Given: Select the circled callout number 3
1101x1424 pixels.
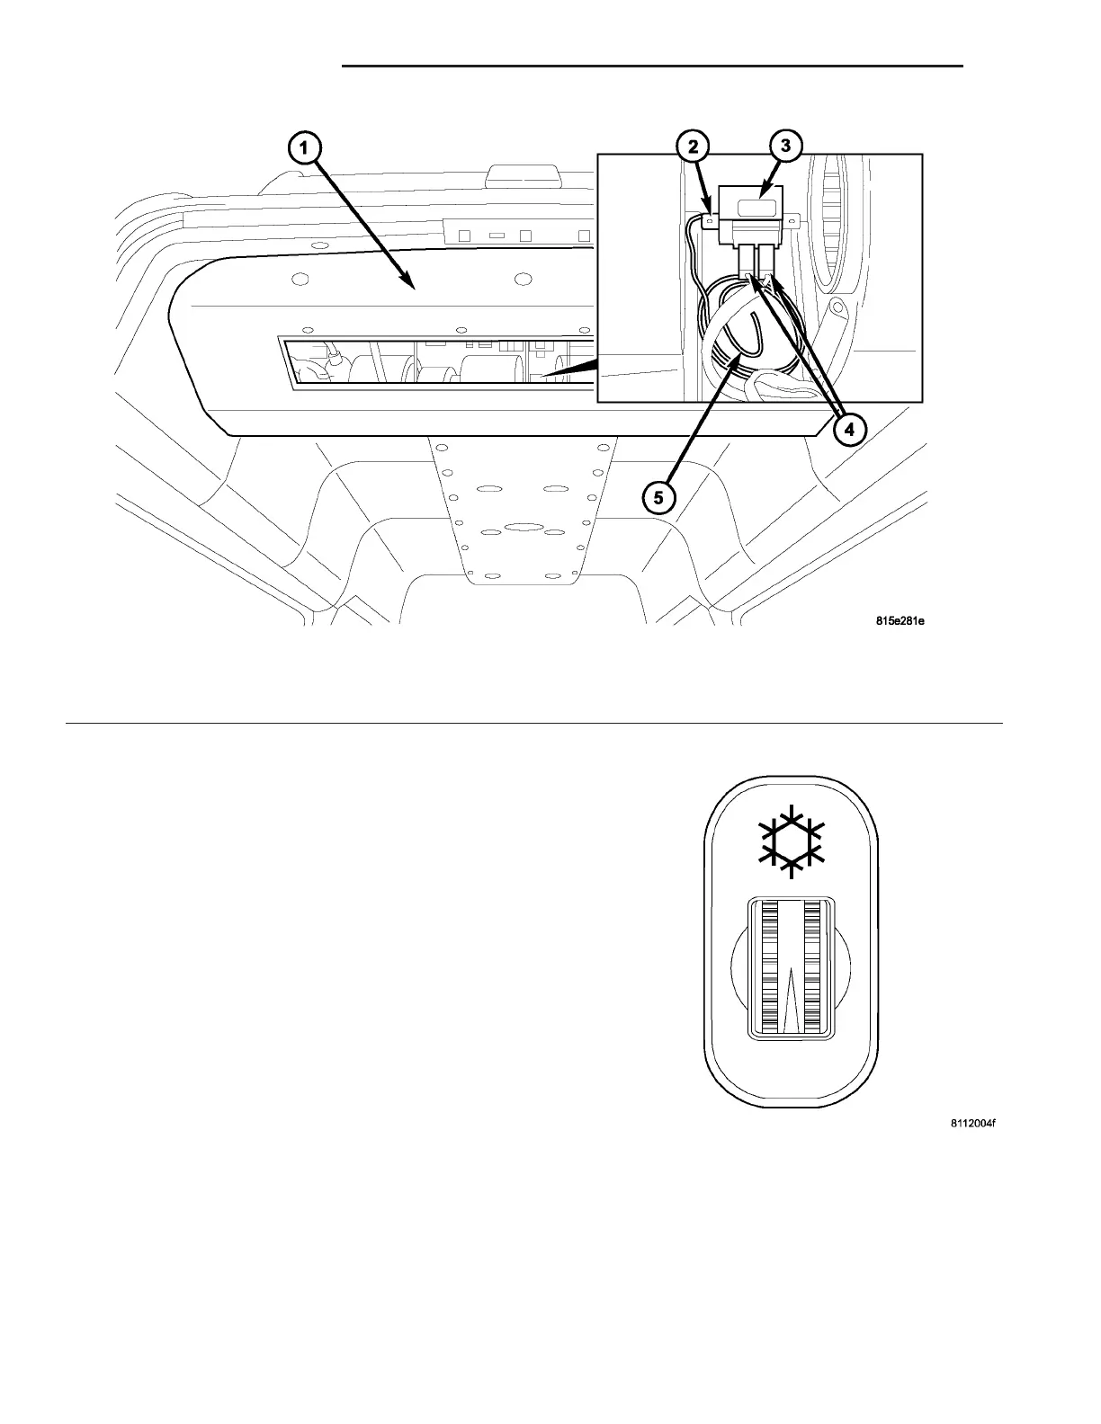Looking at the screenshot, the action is point(785,147).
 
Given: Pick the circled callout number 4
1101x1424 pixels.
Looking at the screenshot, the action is point(848,430).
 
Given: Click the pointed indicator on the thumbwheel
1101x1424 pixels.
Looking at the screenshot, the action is point(790,998).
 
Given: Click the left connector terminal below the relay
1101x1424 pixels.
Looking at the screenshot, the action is point(747,265).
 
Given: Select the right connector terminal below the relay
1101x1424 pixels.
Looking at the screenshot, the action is point(766,264).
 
